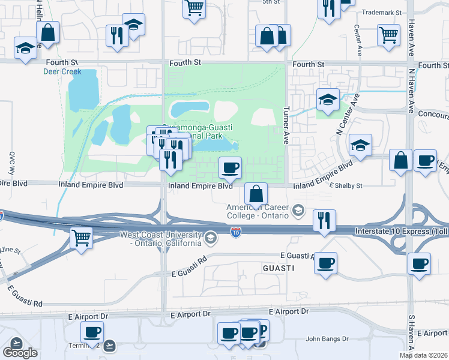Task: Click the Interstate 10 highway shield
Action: click(x=237, y=230)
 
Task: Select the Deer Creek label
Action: click(x=62, y=71)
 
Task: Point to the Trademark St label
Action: click(x=384, y=11)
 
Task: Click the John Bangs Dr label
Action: click(x=327, y=338)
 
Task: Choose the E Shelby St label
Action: click(x=346, y=186)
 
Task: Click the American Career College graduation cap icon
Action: click(x=297, y=211)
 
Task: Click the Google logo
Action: click(x=20, y=352)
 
